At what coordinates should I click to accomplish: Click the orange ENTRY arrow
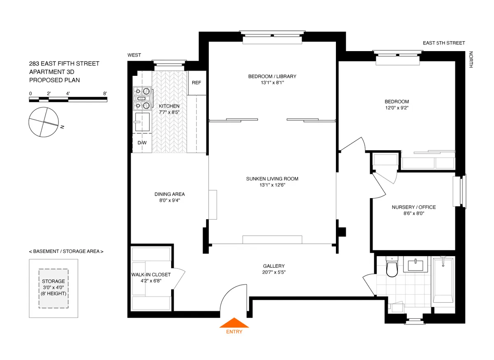233,323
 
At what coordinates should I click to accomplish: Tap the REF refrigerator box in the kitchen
196,83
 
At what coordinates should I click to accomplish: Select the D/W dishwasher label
142,143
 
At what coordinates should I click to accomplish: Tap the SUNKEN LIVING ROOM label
272,179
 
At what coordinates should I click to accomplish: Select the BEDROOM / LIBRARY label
272,76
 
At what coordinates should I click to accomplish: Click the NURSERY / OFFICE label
413,207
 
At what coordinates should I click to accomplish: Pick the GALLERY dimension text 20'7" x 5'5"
274,273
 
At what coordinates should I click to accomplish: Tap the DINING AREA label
169,194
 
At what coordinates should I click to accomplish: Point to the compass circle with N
43,122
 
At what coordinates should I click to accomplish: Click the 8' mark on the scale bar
105,94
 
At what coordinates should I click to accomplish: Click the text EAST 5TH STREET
444,43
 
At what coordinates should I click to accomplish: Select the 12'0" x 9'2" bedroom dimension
396,108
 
